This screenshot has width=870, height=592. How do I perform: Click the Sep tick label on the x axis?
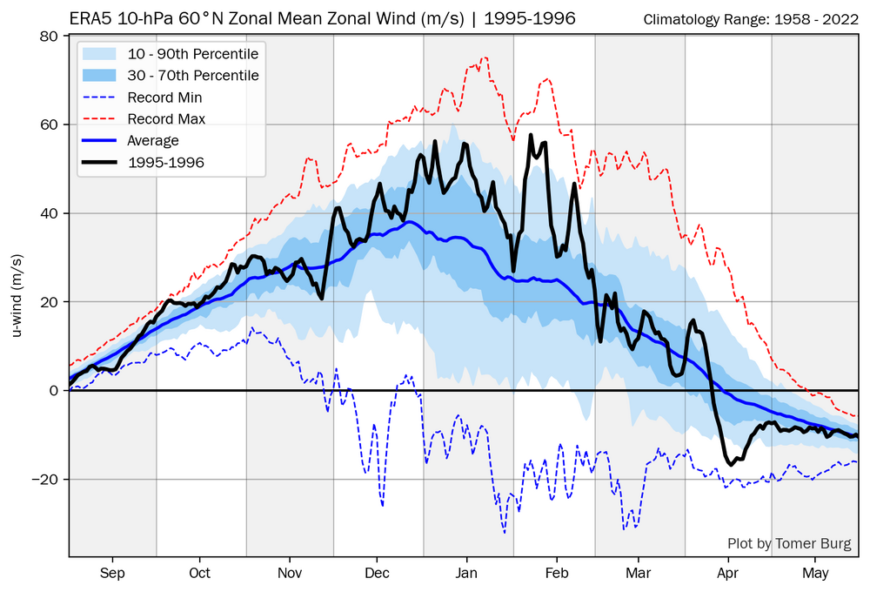click(112, 573)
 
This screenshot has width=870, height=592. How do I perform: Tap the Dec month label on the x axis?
click(377, 573)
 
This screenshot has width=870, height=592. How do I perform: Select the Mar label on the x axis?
click(639, 573)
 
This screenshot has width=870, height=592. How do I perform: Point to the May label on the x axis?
click(815, 573)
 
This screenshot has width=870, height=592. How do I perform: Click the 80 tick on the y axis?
click(49, 37)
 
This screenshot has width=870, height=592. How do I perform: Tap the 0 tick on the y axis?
click(54, 391)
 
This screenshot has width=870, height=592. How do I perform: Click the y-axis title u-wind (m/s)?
click(17, 296)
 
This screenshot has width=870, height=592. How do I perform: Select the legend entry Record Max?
click(166, 118)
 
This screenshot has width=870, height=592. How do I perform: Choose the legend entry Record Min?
click(164, 98)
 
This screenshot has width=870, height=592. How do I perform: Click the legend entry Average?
click(153, 140)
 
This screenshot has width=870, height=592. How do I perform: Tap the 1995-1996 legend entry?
click(166, 162)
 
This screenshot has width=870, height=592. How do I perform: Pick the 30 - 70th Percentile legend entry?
click(193, 76)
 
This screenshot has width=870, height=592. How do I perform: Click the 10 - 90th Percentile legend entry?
click(193, 54)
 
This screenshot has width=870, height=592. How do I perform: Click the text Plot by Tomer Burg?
click(790, 544)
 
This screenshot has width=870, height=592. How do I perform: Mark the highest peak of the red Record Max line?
click(485, 57)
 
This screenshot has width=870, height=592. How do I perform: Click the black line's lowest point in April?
click(731, 465)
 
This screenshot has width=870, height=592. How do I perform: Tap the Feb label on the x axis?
click(556, 573)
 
